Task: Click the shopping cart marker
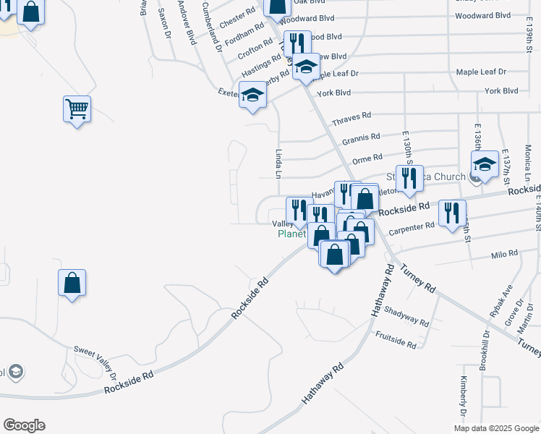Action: tap(77, 109)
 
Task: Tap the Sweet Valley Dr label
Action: tap(95, 361)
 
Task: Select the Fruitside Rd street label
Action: tap(396, 339)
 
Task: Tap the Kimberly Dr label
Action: tap(464, 398)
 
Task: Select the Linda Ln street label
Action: tap(278, 163)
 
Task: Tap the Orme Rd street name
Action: tap(367, 159)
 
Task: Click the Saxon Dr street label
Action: tap(163, 25)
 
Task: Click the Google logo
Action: tap(24, 425)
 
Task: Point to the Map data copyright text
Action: tap(496, 428)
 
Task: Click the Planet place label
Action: tap(293, 234)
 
